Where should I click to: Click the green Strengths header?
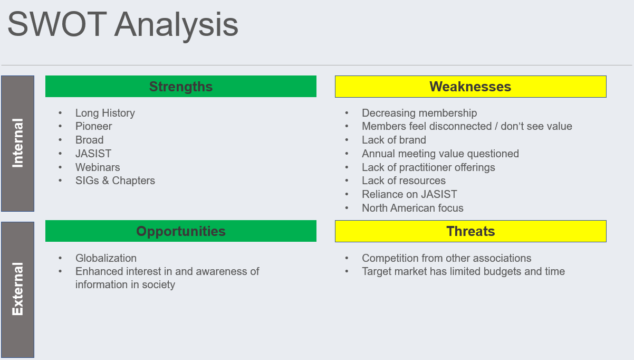click(181, 87)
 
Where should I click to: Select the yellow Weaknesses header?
click(470, 87)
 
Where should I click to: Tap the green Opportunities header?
click(181, 231)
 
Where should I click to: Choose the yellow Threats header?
click(470, 231)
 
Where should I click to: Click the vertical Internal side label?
click(17, 144)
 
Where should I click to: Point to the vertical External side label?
click(17, 289)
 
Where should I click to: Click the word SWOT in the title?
click(57, 24)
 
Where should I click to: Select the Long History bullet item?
click(105, 113)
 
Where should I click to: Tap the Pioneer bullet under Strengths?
click(94, 126)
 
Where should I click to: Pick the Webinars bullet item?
click(98, 167)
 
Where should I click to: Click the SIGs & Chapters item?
click(115, 181)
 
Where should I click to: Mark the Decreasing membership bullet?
click(419, 113)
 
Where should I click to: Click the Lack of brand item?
click(394, 140)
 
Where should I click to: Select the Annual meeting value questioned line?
click(440, 154)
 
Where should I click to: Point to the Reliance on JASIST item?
click(409, 194)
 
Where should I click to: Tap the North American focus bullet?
click(412, 208)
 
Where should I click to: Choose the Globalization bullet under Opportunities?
click(106, 258)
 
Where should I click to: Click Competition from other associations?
click(447, 258)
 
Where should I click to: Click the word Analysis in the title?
click(176, 25)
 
